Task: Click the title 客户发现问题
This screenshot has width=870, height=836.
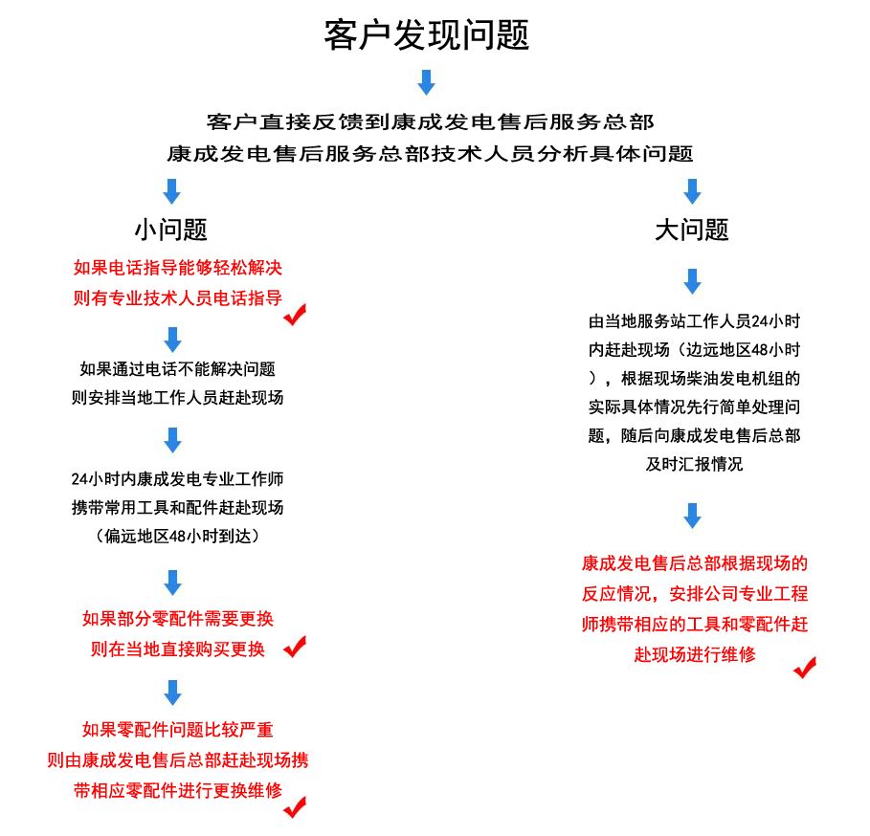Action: tap(427, 36)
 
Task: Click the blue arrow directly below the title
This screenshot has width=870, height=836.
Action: tap(427, 82)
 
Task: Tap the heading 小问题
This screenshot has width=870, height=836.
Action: tap(171, 230)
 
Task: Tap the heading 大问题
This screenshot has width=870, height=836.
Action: tap(692, 230)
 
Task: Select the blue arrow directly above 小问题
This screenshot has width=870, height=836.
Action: tap(172, 190)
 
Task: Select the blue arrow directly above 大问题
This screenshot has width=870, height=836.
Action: tap(692, 190)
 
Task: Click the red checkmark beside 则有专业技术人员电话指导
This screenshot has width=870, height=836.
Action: tap(296, 314)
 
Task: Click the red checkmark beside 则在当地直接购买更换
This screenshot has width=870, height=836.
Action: tap(295, 647)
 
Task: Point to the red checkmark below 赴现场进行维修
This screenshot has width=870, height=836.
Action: tap(805, 667)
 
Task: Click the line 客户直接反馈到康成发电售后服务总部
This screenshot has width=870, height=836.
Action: tap(430, 122)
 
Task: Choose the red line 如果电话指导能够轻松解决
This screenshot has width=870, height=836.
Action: tap(178, 268)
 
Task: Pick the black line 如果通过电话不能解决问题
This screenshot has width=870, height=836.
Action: tap(178, 368)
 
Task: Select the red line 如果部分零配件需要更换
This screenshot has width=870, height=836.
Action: tap(178, 619)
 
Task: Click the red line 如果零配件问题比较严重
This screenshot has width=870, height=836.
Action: tap(178, 730)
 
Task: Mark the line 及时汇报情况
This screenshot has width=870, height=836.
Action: tap(694, 465)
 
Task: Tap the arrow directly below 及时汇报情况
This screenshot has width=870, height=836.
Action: tap(692, 517)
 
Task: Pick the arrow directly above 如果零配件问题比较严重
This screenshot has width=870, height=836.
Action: tap(172, 692)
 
